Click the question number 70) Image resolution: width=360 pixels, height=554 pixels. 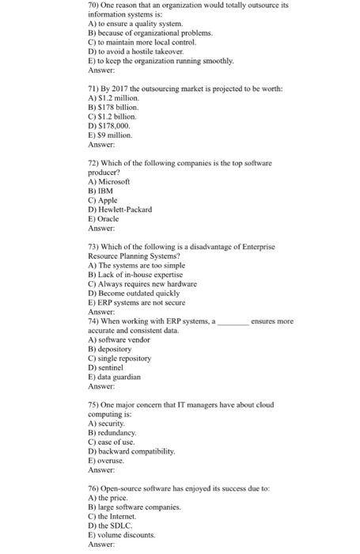pos(95,5)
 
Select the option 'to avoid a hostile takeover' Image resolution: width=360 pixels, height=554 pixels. pos(139,51)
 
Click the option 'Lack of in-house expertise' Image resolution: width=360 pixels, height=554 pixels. pos(145,274)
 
